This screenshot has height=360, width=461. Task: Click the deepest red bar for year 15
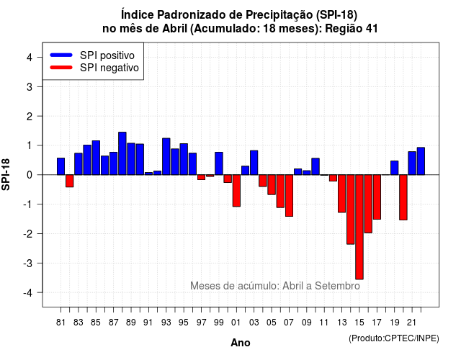coord(359,227)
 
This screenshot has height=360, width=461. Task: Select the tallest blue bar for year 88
coord(122,153)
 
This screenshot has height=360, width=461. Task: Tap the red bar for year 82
coord(70,181)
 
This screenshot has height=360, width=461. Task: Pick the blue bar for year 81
coord(61,166)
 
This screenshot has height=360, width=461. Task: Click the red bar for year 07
coord(289,195)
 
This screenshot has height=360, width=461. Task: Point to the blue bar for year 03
coord(254,163)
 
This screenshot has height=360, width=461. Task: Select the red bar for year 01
coord(236,190)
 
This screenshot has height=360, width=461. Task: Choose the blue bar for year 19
coord(395,168)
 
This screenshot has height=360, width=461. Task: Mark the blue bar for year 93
coord(166,156)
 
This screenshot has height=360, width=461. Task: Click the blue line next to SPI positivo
coord(61,55)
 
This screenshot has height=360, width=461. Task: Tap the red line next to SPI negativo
coord(61,67)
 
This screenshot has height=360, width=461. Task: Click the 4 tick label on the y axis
coord(30,58)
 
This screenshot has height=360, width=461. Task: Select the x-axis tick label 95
coord(184,323)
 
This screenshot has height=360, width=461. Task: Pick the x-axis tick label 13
coord(341,323)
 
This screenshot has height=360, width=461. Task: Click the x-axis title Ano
coord(241,343)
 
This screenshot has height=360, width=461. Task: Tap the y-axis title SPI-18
coord(6,174)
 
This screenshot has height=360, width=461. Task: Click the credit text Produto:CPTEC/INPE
coord(394,338)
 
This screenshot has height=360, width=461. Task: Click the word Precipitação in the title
coord(279,14)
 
